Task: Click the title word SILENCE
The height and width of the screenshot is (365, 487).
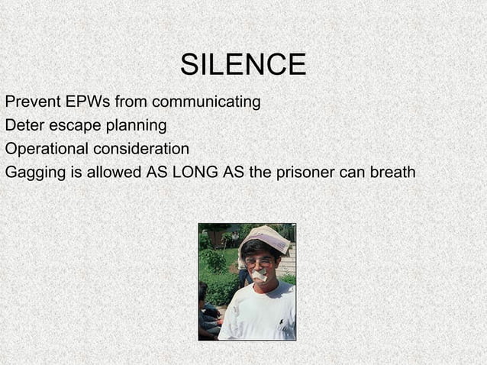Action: pyautogui.click(x=243, y=65)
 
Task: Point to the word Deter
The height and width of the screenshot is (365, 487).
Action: pyautogui.click(x=23, y=124)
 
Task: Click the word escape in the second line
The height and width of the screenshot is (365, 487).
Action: pyautogui.click(x=70, y=125)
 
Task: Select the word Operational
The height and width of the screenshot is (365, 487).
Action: pyautogui.click(x=47, y=149)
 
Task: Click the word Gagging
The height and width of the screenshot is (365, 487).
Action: pyautogui.click(x=35, y=173)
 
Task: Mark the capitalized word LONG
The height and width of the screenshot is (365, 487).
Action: pyautogui.click(x=195, y=172)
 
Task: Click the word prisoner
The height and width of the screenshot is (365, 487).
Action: pyautogui.click(x=305, y=172)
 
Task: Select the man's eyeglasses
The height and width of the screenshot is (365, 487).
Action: pyautogui.click(x=260, y=261)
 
